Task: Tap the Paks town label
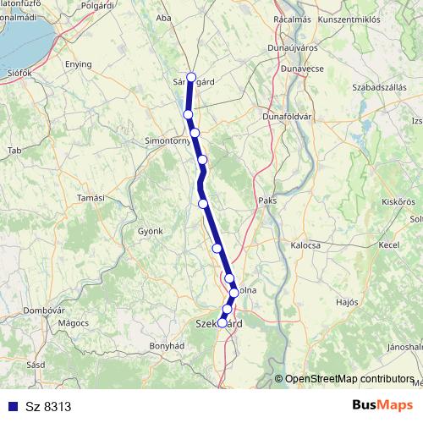tap(267, 201)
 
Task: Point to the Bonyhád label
tap(167, 346)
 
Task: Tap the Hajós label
tap(347, 301)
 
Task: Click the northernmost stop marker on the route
tap(191, 77)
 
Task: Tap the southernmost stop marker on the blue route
tap(222, 322)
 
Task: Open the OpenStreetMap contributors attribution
tap(349, 379)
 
